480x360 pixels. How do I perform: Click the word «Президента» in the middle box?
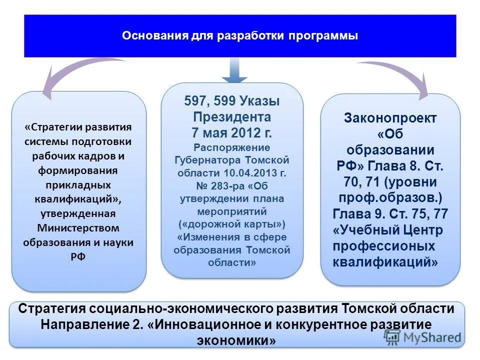tap(232, 117)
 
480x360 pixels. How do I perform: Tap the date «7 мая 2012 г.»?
tap(232, 133)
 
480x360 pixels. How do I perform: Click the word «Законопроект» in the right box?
tap(390, 118)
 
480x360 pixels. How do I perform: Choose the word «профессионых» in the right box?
tap(384, 246)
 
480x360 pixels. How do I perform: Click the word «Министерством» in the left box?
tap(79, 228)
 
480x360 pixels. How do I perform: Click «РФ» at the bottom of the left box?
tap(79, 256)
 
